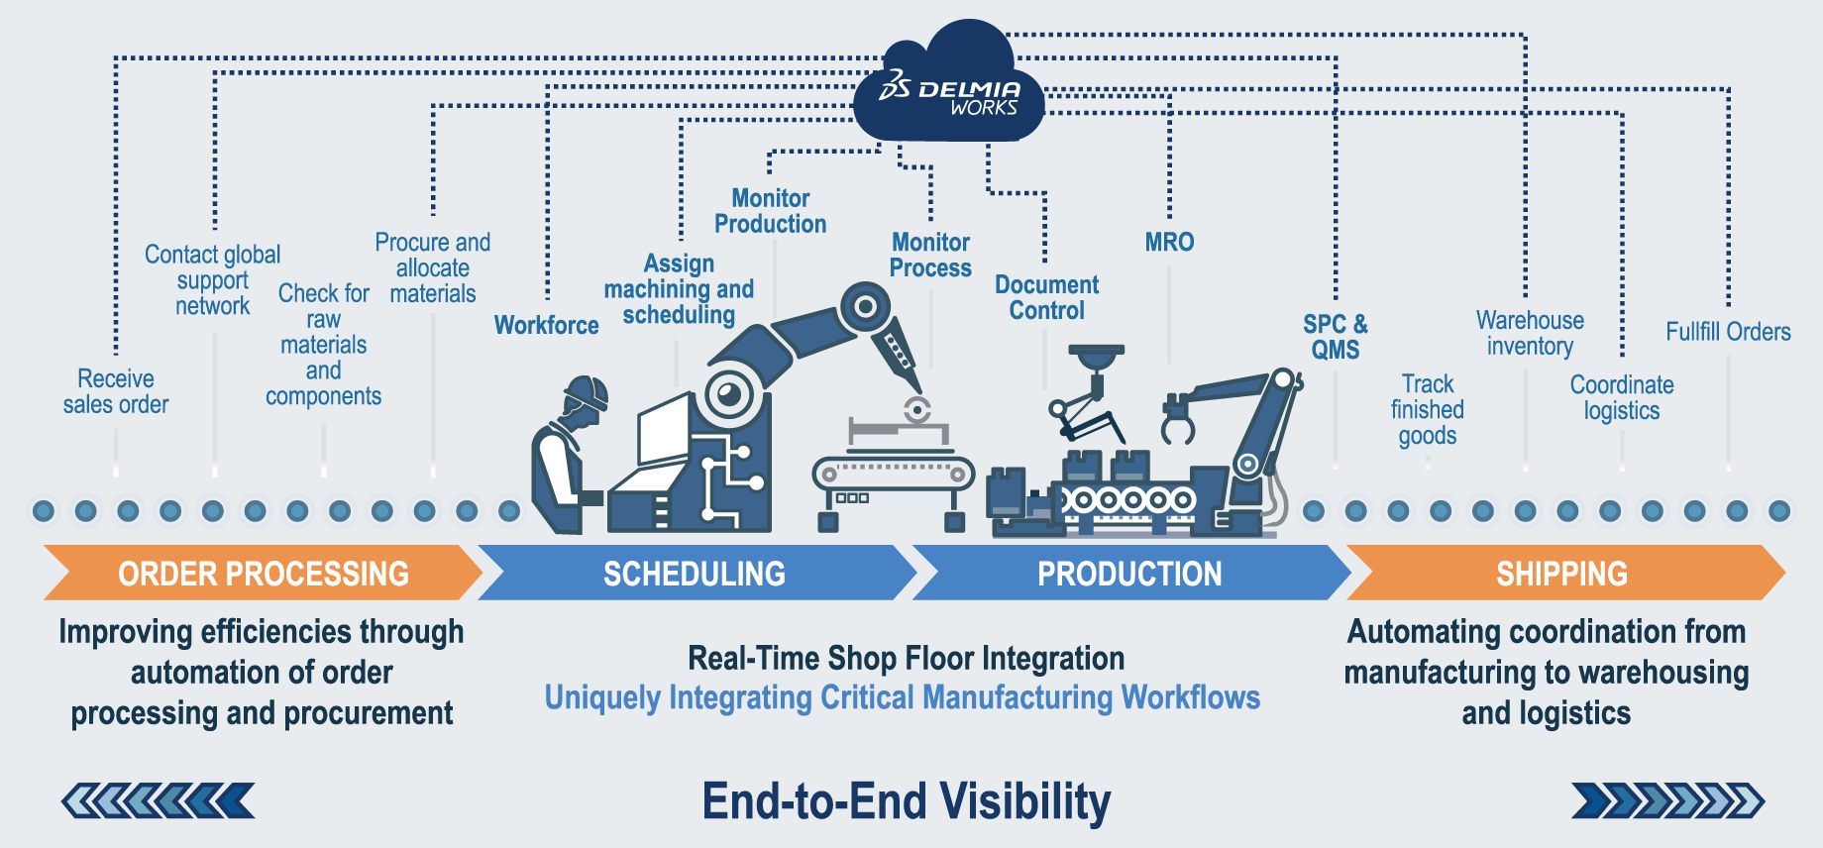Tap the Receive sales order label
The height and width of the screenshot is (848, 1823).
tap(116, 391)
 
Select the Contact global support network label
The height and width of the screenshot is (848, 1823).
tap(212, 280)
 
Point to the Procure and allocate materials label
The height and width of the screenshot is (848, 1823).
tap(433, 267)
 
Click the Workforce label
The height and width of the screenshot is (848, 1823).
tap(546, 325)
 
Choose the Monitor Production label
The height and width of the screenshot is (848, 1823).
tap(770, 211)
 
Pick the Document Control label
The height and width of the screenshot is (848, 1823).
tap(1046, 297)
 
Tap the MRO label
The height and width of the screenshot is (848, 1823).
tap(1169, 242)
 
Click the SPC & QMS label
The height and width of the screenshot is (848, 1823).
tap(1335, 337)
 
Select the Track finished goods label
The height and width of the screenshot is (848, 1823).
tap(1427, 409)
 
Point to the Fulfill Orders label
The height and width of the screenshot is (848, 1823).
tap(1728, 332)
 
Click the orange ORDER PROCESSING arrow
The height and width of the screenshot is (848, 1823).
tap(263, 573)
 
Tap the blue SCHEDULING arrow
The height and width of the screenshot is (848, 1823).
tap(695, 573)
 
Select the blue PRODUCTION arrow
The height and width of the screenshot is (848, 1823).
tap(1129, 573)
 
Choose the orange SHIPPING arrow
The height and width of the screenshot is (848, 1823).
tap(1562, 573)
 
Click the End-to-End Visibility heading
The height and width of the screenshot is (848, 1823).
tap(907, 801)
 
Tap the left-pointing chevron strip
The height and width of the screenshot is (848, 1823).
tap(159, 800)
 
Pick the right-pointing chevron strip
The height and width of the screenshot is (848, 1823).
tap(1667, 800)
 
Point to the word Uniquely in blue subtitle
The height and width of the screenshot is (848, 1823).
tap(602, 697)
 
